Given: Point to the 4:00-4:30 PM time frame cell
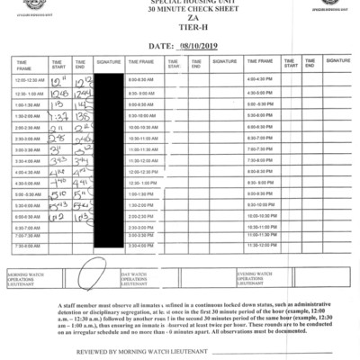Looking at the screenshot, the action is (x=259, y=81).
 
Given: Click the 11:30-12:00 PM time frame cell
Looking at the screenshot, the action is (x=260, y=245).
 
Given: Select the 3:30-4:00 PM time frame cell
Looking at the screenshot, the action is (x=142, y=245).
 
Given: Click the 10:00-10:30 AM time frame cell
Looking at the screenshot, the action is (x=142, y=127).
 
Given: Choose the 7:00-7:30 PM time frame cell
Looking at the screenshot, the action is (x=259, y=148).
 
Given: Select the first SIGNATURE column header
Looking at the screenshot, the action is (x=108, y=62).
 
